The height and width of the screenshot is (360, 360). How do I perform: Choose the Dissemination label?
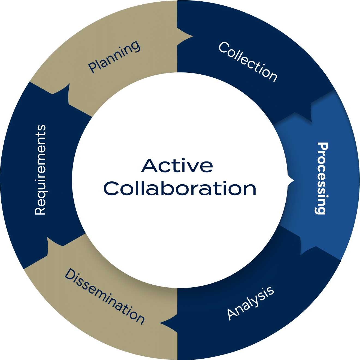pos(105,296)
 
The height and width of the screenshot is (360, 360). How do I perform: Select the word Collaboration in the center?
pos(180,188)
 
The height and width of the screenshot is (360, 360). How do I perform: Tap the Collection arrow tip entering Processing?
pos(311,120)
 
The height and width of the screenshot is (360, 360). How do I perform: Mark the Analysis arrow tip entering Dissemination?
pos(161,323)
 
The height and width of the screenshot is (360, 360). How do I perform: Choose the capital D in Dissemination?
pos(70,274)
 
